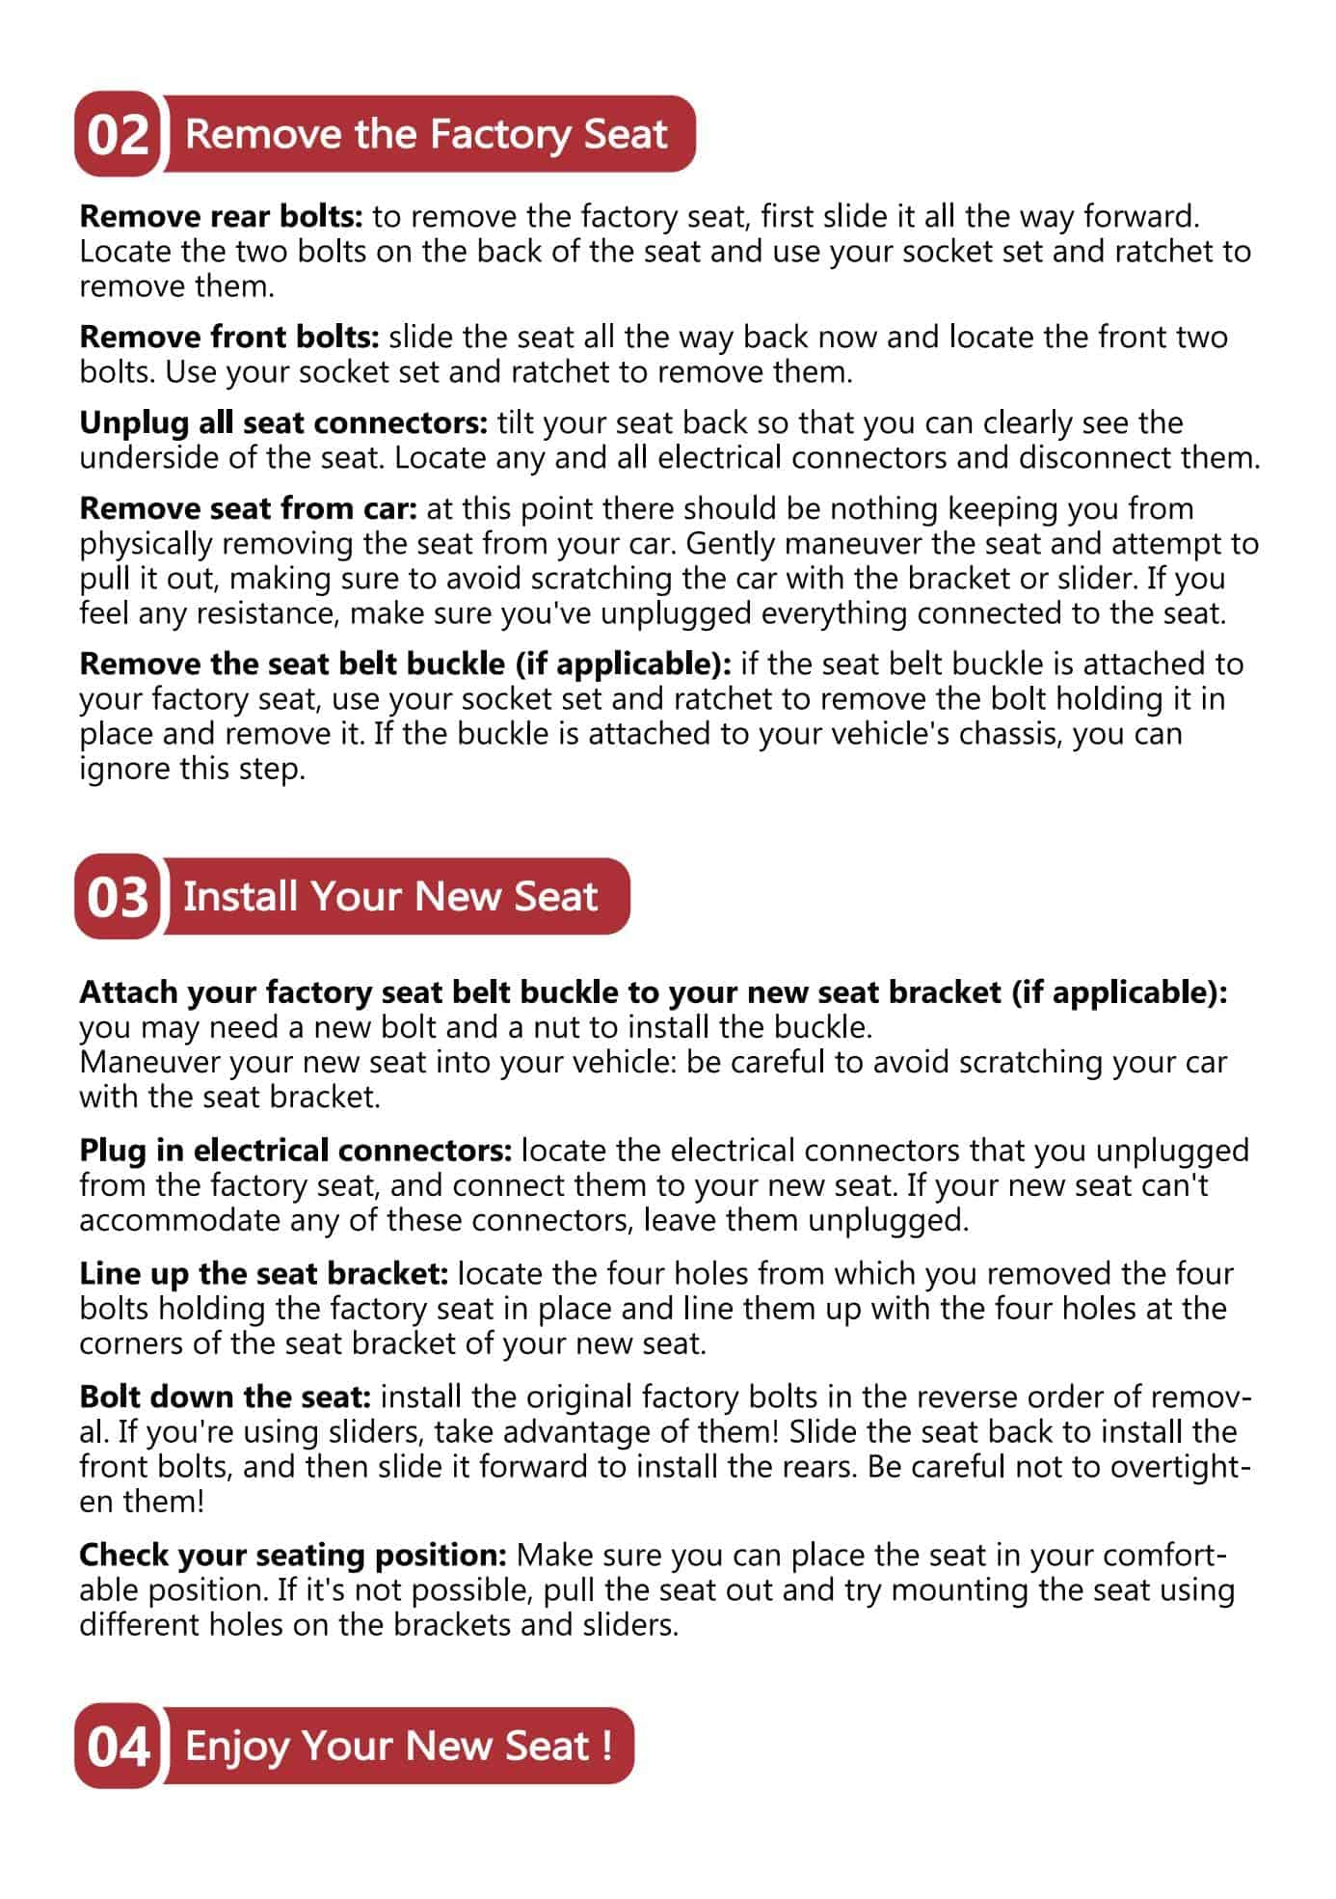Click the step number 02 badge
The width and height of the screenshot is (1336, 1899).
(117, 134)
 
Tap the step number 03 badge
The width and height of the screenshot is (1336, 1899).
(117, 896)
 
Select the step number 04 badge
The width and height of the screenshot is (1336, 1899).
(117, 1745)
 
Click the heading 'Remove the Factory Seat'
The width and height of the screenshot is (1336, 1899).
(426, 134)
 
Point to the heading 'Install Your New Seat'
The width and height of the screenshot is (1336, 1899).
(390, 896)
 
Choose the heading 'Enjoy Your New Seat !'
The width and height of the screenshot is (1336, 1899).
(398, 1745)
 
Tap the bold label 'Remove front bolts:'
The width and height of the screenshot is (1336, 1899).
(229, 338)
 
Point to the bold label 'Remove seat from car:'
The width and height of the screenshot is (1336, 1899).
(248, 508)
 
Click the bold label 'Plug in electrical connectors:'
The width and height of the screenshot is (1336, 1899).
(295, 1150)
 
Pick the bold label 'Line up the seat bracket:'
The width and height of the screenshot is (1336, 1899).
(263, 1273)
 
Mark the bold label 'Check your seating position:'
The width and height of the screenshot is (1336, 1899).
(292, 1555)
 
